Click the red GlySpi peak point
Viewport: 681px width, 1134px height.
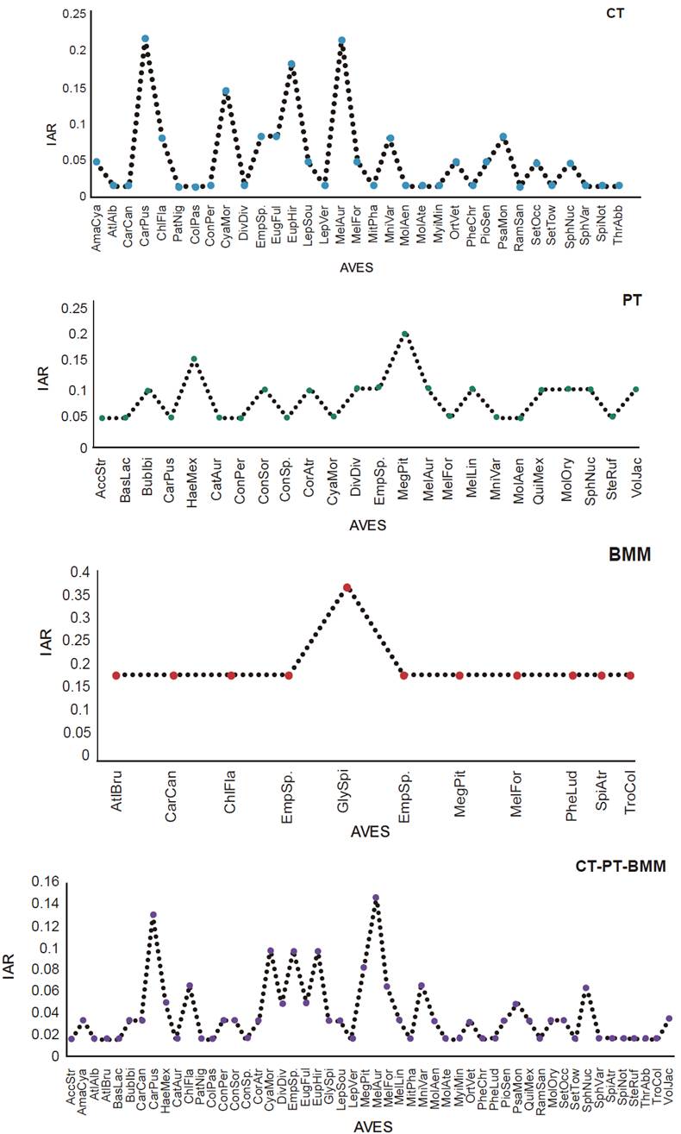[347, 587]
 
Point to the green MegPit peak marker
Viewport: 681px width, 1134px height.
[404, 334]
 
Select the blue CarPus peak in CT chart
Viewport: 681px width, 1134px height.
[145, 39]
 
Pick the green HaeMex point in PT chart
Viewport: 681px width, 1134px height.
[194, 359]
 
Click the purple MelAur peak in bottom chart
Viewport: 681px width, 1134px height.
[375, 898]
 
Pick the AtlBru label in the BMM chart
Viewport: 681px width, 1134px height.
[115, 794]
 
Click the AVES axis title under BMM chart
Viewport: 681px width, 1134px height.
[371, 832]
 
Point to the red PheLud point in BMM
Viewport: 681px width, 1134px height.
[572, 675]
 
